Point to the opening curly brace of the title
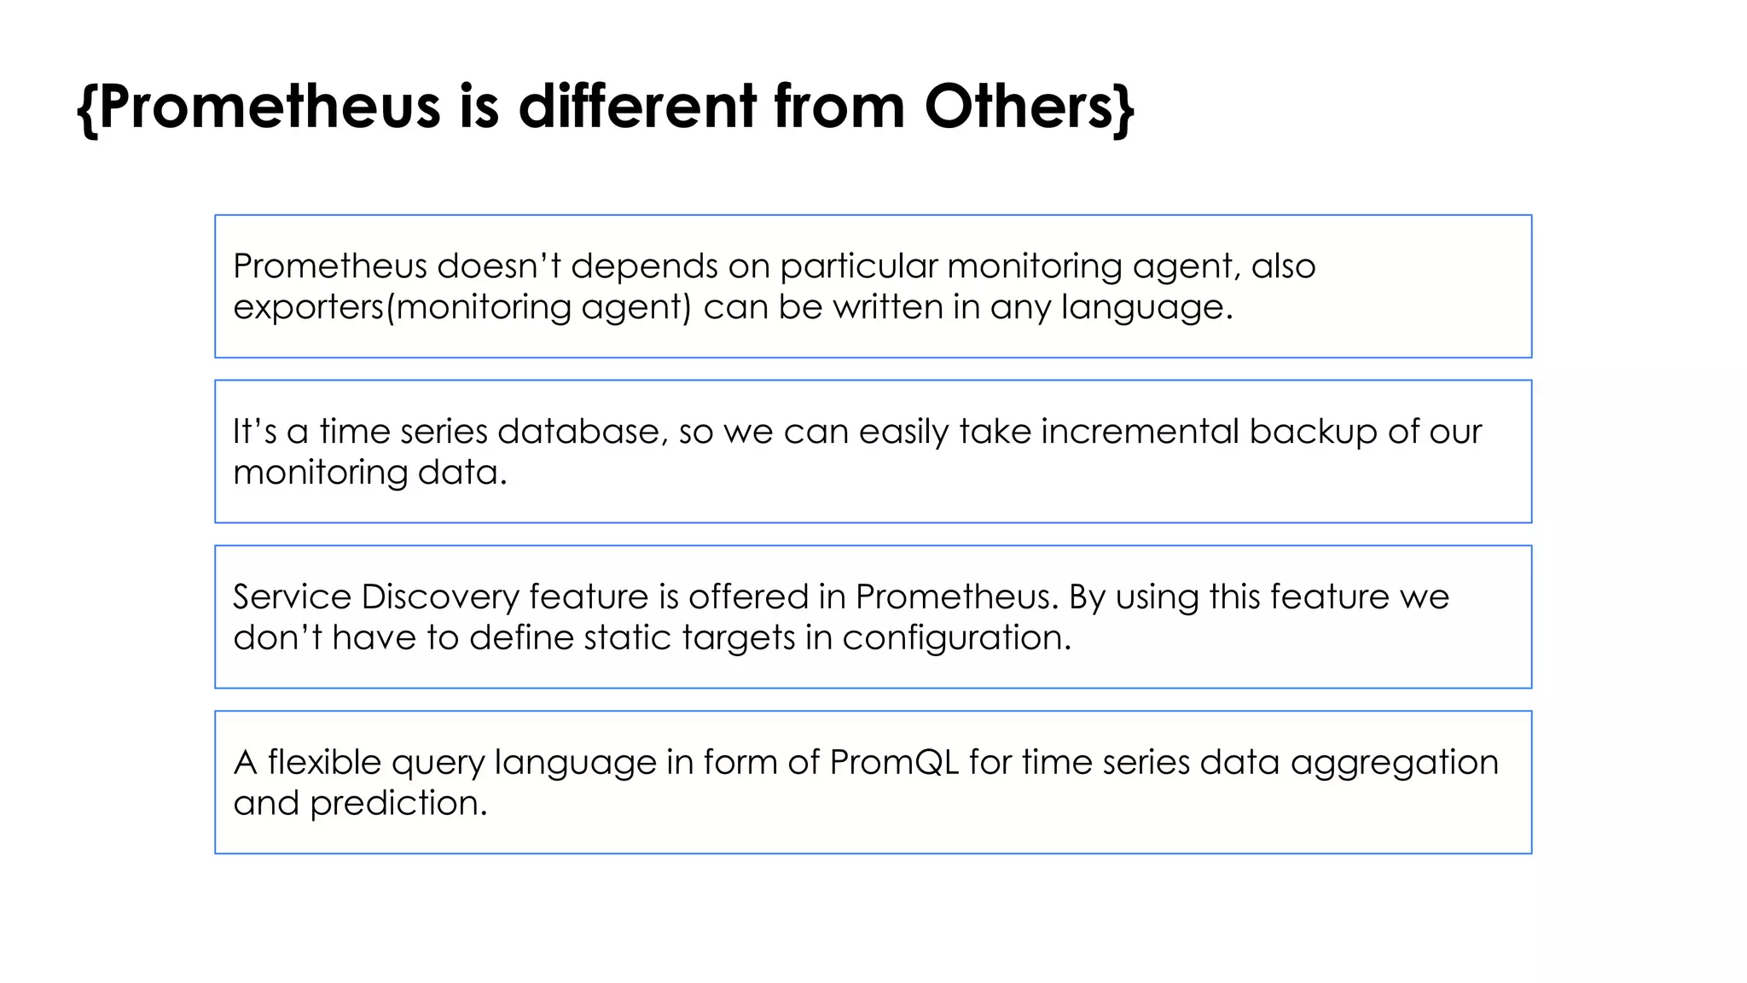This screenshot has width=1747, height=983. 86,108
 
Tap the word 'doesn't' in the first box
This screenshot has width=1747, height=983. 498,266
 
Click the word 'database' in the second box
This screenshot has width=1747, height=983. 578,432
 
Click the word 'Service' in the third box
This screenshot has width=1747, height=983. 292,596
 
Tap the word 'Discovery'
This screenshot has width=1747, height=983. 439,597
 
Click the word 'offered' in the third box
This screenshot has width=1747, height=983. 748,596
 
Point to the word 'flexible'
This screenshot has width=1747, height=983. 324,762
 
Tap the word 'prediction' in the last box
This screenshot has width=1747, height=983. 397,804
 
